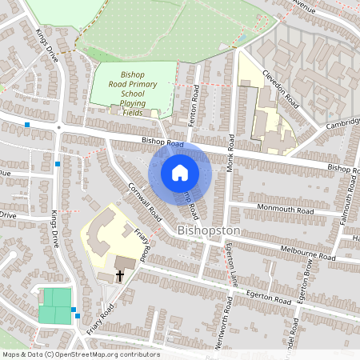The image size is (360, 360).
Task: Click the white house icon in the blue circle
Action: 180,172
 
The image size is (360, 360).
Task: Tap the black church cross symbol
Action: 120,276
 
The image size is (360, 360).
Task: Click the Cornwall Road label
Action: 145,202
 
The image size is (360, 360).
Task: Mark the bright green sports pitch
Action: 55,306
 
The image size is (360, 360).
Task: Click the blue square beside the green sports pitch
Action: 74,310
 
